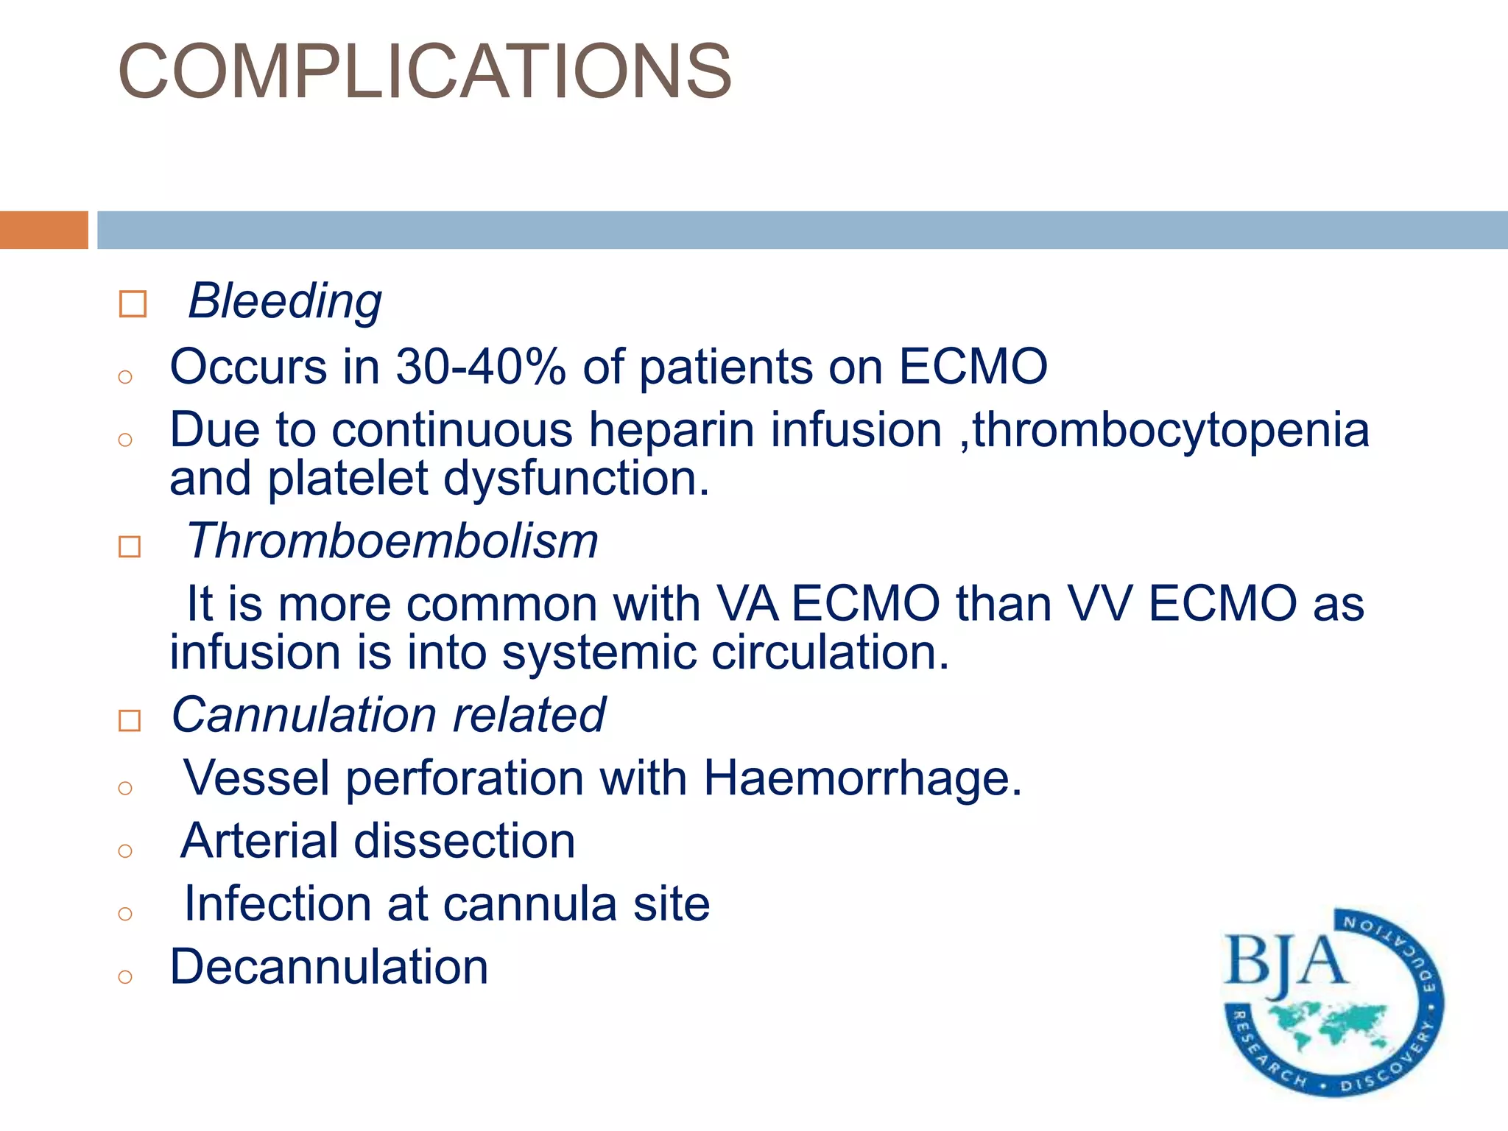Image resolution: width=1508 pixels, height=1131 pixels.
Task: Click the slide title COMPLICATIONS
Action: pyautogui.click(x=425, y=71)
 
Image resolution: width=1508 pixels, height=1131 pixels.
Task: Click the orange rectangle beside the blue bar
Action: pyautogui.click(x=43, y=230)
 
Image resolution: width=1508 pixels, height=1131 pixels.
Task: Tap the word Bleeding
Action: pyautogui.click(x=285, y=301)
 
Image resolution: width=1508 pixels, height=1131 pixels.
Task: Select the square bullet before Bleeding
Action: pyautogui.click(x=133, y=303)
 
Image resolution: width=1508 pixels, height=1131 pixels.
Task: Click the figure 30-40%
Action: pyautogui.click(x=481, y=366)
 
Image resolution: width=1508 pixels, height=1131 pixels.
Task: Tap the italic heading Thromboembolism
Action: pyautogui.click(x=392, y=541)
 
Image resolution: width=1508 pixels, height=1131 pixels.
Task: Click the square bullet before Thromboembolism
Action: pyautogui.click(x=130, y=546)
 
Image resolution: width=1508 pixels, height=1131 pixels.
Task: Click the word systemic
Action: pyautogui.click(x=599, y=652)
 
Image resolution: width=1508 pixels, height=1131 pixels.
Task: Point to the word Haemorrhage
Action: pyautogui.click(x=862, y=778)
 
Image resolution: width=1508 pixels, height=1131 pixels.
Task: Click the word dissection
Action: pyautogui.click(x=465, y=841)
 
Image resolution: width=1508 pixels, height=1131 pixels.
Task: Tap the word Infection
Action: pyautogui.click(x=278, y=903)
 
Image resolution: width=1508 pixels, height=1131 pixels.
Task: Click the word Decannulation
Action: pyautogui.click(x=329, y=967)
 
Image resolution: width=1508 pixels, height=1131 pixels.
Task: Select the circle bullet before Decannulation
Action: pyautogui.click(x=125, y=976)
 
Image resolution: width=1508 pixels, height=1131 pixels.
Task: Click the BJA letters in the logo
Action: pyautogui.click(x=1285, y=962)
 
